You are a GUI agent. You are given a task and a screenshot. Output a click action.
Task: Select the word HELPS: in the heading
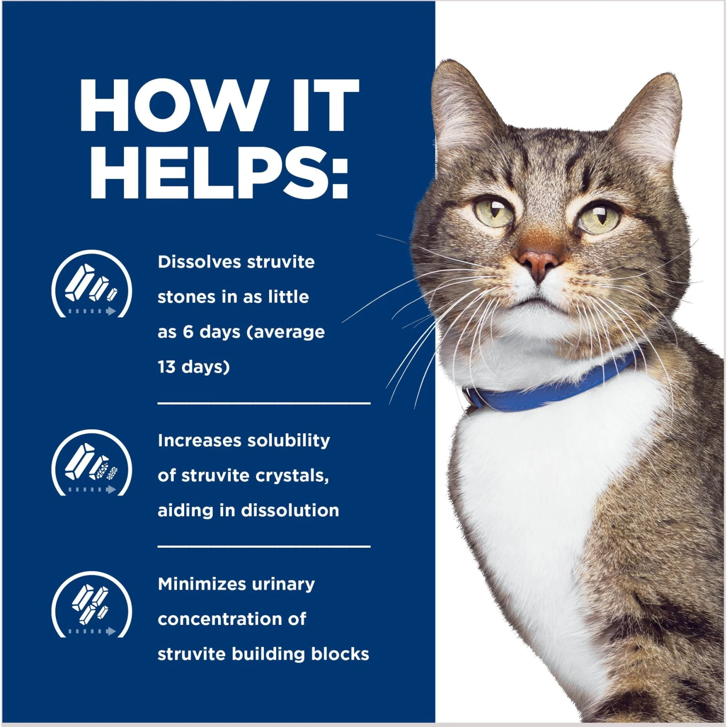[219, 173]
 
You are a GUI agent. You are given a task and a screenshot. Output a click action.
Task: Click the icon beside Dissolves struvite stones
[92, 284]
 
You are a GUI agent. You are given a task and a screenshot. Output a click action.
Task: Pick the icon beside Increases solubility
[92, 463]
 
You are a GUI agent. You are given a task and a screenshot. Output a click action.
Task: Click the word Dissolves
[199, 262]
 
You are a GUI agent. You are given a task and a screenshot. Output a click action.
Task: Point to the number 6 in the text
[188, 332]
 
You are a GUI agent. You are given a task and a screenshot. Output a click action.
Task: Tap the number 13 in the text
[166, 367]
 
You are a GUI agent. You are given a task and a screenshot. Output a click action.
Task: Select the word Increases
[200, 441]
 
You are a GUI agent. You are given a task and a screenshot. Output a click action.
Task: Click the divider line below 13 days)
[264, 403]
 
